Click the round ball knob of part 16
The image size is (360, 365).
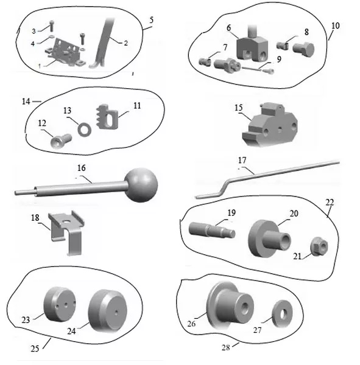[141, 185]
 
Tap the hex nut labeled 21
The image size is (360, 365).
[319, 246]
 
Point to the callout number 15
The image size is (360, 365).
[239, 108]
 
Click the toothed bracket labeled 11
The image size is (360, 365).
[107, 116]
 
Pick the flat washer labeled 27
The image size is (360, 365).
[283, 314]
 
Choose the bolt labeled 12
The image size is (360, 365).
[61, 141]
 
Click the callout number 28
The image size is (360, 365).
[226, 347]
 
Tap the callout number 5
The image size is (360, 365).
[151, 20]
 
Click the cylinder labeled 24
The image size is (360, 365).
[107, 311]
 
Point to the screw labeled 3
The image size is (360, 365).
[52, 26]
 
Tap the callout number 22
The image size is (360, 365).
[330, 203]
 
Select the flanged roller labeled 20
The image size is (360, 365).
[269, 238]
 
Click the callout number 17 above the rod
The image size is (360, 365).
[242, 160]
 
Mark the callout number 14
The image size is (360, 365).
[26, 102]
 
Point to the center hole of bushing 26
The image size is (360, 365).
[244, 308]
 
